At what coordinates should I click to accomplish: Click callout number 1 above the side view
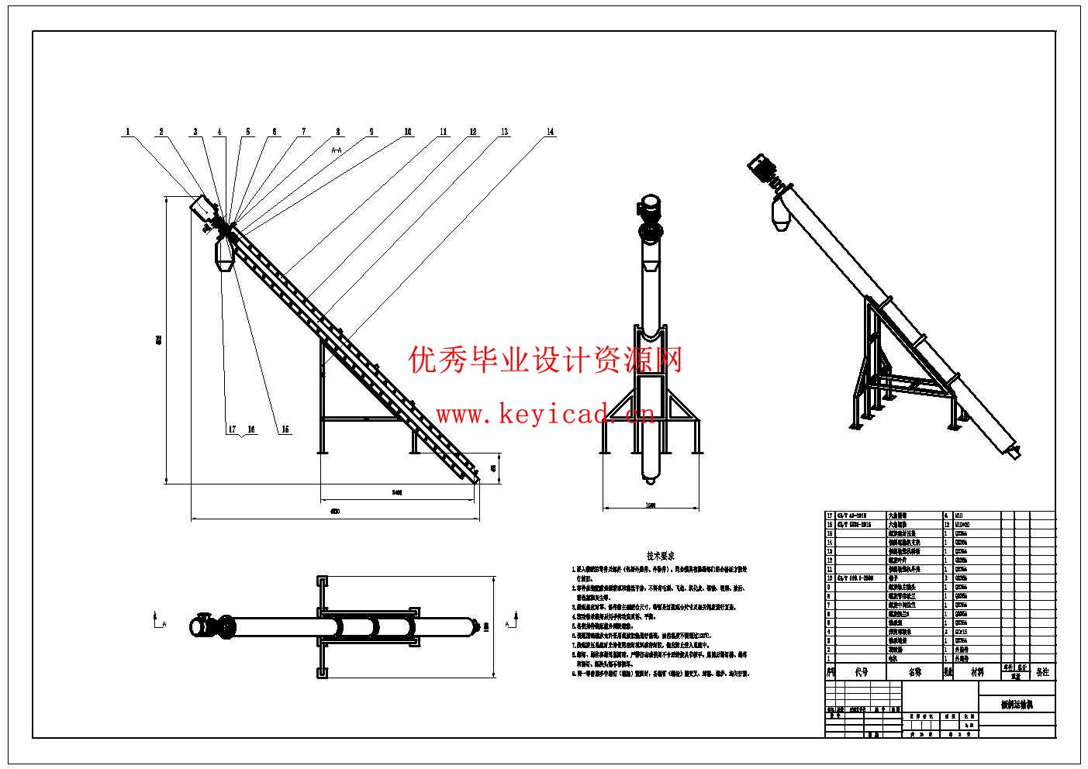tap(128, 132)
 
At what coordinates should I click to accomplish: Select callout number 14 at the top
tap(551, 132)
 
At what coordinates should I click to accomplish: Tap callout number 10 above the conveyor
tap(408, 132)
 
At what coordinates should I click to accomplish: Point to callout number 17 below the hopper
tap(232, 429)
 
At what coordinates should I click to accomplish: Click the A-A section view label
tap(337, 148)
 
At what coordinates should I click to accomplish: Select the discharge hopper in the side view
tap(224, 255)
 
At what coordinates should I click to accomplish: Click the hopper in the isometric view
tap(781, 214)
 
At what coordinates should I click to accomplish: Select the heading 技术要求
tap(661, 556)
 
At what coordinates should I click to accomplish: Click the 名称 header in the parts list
tap(914, 672)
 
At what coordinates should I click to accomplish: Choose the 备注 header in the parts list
tap(1041, 672)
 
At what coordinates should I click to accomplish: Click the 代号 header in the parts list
tap(861, 672)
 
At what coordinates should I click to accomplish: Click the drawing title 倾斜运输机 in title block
tap(1017, 705)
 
